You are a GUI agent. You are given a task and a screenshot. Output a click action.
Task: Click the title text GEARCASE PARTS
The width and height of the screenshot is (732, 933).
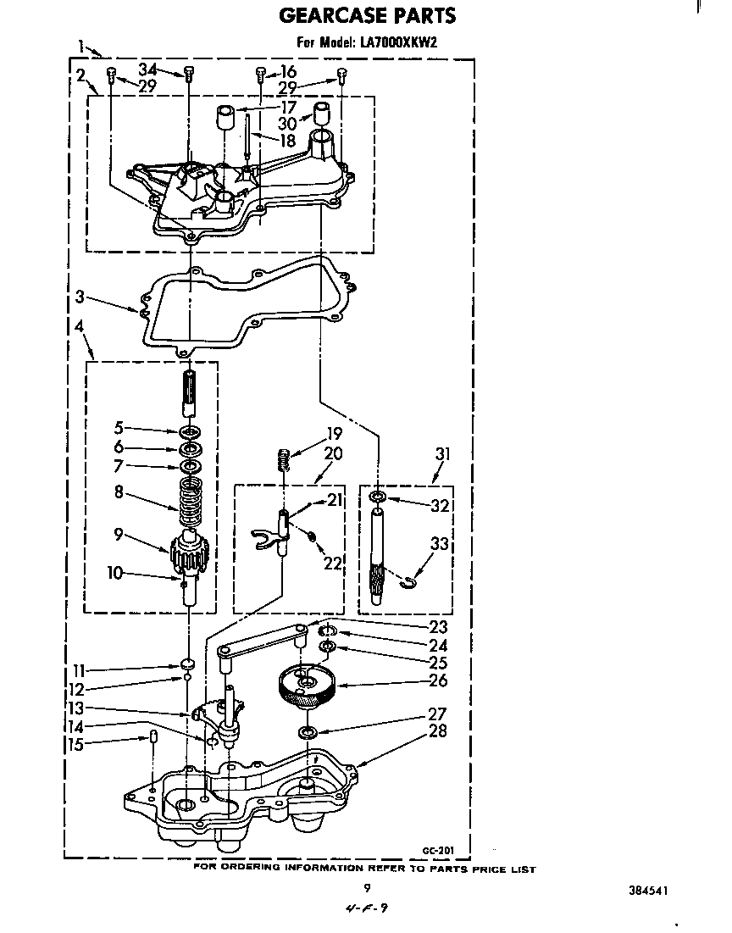[367, 15]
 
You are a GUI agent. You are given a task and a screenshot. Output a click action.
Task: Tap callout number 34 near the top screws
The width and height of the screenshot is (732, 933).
[148, 69]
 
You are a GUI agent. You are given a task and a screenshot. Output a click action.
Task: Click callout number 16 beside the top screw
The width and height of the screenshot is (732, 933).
[288, 71]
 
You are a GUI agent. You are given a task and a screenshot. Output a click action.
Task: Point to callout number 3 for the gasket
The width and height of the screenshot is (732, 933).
[80, 297]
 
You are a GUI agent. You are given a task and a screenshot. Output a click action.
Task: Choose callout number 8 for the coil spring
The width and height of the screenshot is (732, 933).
[119, 492]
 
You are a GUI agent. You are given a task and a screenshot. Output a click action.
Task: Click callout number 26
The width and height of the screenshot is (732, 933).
[438, 680]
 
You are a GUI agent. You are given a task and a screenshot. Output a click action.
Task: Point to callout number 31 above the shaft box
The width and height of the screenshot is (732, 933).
[442, 454]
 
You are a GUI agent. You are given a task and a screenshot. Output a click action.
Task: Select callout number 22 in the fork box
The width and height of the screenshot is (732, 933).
[332, 562]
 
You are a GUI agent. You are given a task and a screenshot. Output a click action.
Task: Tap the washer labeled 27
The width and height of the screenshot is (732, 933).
[307, 732]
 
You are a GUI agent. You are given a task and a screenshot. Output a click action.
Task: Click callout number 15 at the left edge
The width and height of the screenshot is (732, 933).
[76, 744]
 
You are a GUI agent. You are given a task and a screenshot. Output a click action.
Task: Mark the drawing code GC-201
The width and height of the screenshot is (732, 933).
[438, 850]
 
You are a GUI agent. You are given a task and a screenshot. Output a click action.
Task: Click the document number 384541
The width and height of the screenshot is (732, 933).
[648, 891]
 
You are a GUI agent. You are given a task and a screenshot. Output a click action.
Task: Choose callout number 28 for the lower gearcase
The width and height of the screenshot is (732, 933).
[438, 730]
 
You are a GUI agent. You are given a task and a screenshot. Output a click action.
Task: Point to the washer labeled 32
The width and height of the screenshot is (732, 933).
[377, 497]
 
